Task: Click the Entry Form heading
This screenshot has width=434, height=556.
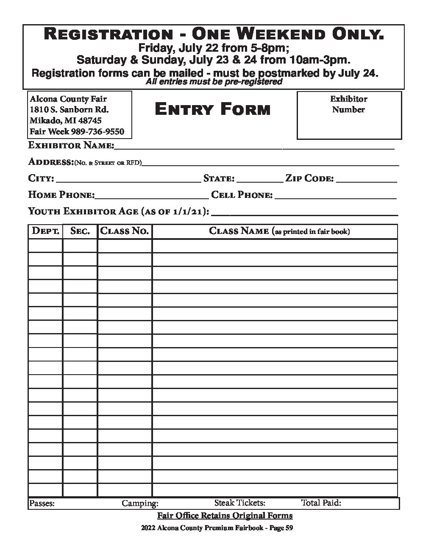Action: [x=212, y=110]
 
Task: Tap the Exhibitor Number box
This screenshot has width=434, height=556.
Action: [x=349, y=115]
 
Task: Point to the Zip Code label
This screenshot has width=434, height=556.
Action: [x=309, y=178]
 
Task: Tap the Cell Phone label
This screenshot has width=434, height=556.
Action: [x=242, y=195]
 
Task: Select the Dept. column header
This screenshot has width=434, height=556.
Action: [x=45, y=231]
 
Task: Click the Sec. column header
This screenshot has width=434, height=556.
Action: [x=80, y=231]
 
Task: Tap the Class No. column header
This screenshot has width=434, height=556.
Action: [x=125, y=231]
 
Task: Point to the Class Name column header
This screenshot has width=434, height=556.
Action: [x=279, y=231]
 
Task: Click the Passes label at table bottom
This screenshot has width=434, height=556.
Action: [x=42, y=503]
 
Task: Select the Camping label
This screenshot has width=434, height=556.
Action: [x=140, y=503]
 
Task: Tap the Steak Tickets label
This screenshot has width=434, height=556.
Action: [x=239, y=503]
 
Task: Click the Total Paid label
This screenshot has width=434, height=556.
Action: [x=321, y=503]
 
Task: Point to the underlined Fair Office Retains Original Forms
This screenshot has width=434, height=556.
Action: [x=225, y=516]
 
